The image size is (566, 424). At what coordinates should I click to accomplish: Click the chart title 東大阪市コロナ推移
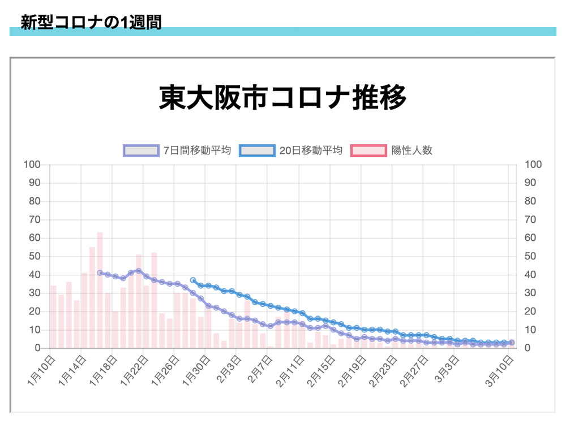pyautogui.click(x=282, y=98)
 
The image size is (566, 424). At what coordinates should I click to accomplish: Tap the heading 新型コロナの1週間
pyautogui.click(x=91, y=23)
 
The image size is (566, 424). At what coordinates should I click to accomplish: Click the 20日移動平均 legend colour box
pyautogui.click(x=257, y=150)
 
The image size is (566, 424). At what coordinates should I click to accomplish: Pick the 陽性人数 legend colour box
pyautogui.click(x=369, y=150)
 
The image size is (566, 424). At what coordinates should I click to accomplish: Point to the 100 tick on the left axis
pyautogui.click(x=32, y=165)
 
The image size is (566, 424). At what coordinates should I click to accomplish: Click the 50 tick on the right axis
pyautogui.click(x=531, y=256)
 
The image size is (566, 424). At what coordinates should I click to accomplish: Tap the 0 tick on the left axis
pyautogui.click(x=38, y=348)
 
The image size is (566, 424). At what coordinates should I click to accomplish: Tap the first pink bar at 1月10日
pyautogui.click(x=53, y=317)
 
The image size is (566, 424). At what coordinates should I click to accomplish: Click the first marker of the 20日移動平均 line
pyautogui.click(x=193, y=280)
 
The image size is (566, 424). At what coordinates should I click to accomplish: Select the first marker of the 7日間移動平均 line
pyautogui.click(x=100, y=272)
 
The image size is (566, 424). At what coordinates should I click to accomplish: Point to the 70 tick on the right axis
pyautogui.click(x=531, y=219)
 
